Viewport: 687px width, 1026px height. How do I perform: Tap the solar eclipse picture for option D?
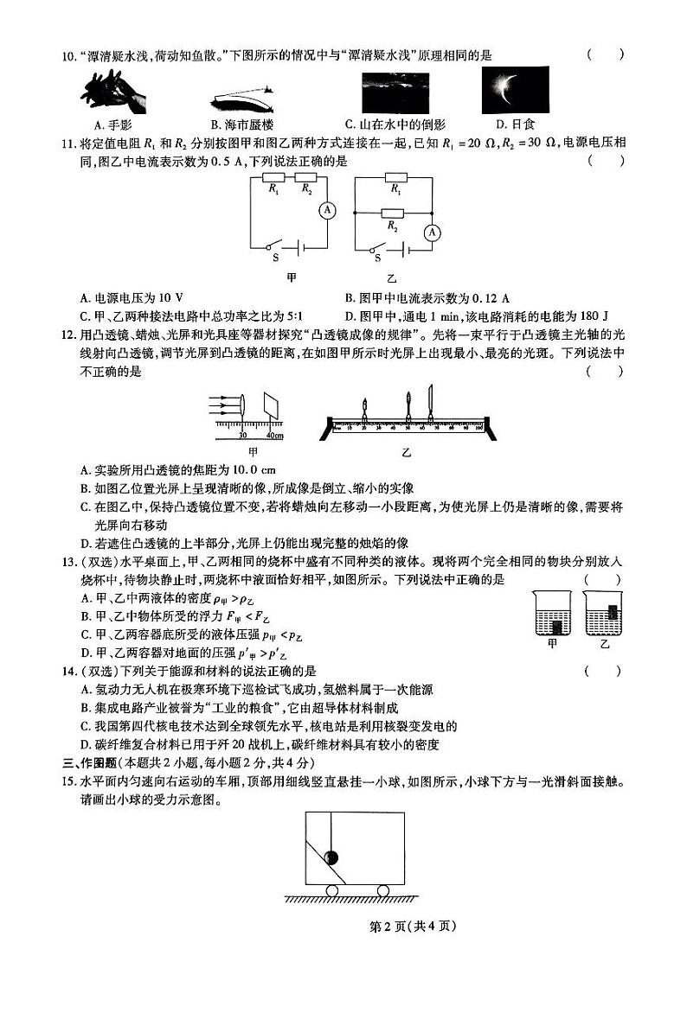508,90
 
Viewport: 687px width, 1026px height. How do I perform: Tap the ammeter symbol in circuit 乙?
433,232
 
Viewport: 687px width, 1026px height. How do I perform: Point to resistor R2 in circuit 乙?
395,213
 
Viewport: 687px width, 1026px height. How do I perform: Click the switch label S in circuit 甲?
276,258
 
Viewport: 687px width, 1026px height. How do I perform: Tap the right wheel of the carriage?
382,890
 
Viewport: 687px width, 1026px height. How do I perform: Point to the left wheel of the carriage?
331,890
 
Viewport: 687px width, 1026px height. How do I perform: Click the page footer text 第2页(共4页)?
412,927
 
